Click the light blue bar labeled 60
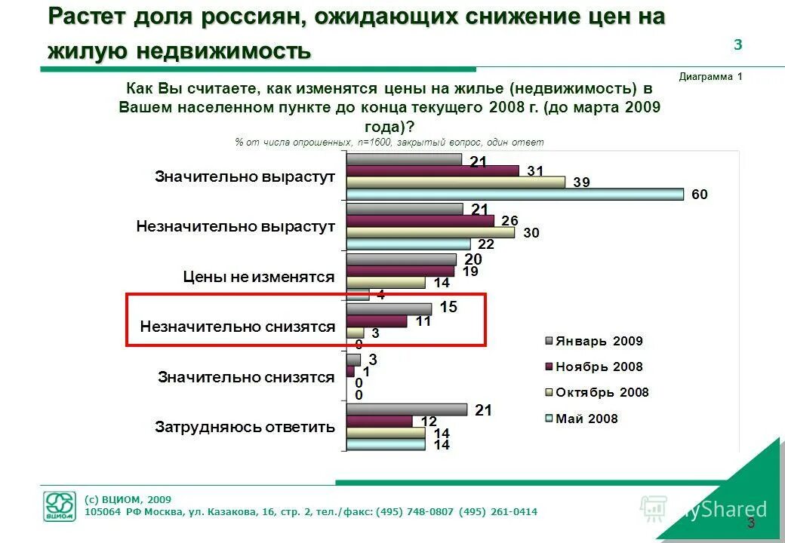(x=515, y=195)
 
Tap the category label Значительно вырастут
(x=245, y=176)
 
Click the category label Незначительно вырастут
(x=235, y=226)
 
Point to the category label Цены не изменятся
(x=258, y=277)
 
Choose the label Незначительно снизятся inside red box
(x=237, y=327)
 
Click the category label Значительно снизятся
(x=246, y=377)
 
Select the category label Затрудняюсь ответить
(x=245, y=427)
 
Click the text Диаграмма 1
(x=710, y=76)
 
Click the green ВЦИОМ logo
(x=59, y=506)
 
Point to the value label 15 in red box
(x=448, y=308)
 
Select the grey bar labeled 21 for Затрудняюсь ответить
(x=407, y=410)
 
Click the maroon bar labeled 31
(x=433, y=170)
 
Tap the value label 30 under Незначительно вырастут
(x=531, y=233)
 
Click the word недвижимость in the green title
(x=224, y=51)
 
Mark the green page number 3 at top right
(x=737, y=45)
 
